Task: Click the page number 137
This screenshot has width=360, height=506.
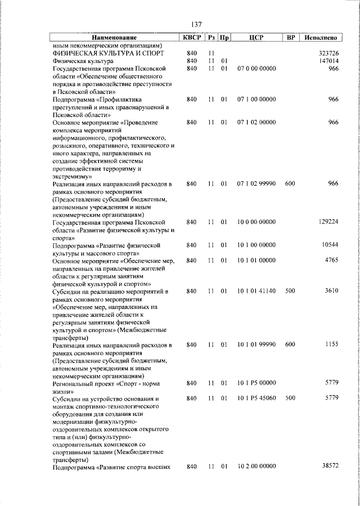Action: [196, 25]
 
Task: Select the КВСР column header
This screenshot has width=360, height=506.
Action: [191, 38]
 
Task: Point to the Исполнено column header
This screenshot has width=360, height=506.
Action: [321, 38]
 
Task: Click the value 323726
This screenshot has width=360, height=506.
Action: [326, 53]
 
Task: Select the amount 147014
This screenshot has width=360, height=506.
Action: [326, 61]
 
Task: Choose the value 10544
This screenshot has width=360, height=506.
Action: [328, 245]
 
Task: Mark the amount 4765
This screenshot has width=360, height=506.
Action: [331, 261]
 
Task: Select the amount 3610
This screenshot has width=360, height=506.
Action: [331, 292]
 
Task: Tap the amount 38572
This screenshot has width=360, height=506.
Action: [328, 467]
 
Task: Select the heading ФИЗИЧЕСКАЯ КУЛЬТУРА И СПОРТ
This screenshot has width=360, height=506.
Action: [107, 53]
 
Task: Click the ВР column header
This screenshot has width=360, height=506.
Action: [290, 38]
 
